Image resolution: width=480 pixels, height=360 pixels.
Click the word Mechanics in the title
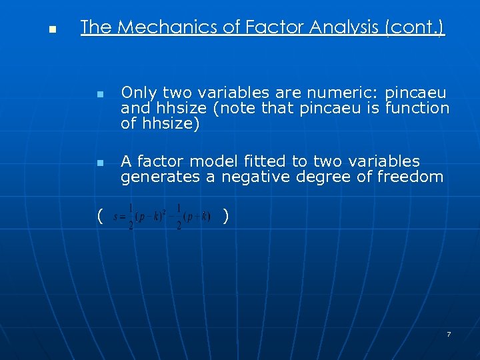157,27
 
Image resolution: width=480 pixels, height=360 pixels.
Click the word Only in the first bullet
138,92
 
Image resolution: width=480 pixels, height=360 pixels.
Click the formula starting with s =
162,217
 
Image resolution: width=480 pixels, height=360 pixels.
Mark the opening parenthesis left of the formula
99,215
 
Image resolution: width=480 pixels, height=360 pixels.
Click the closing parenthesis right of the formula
227,215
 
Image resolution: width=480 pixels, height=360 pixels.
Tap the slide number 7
449,334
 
